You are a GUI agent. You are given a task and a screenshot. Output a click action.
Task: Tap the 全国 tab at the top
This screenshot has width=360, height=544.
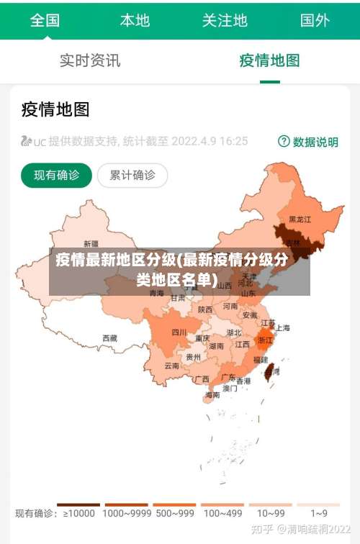tap(45, 20)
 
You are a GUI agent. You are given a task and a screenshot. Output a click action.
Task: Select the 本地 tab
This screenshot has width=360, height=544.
tap(135, 20)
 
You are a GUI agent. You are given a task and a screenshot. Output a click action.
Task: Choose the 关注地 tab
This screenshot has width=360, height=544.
tap(225, 20)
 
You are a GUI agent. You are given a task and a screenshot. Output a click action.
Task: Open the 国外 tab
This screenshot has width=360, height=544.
tap(315, 20)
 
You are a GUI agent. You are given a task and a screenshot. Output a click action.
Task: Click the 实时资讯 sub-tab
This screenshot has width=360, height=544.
tap(90, 60)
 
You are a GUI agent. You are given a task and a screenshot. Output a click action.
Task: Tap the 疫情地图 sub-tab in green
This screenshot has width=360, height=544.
tap(269, 60)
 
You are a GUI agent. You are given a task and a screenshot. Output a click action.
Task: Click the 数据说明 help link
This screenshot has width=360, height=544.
tap(308, 142)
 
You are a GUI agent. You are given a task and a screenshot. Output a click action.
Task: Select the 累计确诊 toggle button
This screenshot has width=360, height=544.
tap(132, 175)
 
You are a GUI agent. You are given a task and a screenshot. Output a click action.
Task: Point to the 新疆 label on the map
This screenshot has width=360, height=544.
tap(91, 243)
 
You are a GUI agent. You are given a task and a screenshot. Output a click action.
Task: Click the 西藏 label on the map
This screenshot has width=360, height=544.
tap(109, 337)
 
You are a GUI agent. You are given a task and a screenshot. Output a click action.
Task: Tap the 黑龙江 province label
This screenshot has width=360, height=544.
tap(300, 219)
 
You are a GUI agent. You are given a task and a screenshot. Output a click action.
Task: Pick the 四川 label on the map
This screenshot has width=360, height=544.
tap(179, 332)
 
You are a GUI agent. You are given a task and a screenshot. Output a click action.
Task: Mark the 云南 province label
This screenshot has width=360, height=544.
tap(171, 366)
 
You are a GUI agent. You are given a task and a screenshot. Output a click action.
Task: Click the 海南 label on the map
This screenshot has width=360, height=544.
tap(212, 395)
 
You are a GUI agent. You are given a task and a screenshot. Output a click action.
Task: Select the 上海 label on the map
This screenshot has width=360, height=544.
tap(283, 327)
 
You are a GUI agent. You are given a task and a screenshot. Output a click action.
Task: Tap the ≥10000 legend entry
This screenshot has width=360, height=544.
tap(78, 513)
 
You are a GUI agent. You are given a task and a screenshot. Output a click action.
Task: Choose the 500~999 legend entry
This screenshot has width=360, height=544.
tap(174, 513)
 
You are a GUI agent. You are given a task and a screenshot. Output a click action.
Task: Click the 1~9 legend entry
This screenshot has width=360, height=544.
tap(319, 513)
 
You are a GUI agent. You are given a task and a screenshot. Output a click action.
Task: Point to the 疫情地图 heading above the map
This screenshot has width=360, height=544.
tap(55, 109)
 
